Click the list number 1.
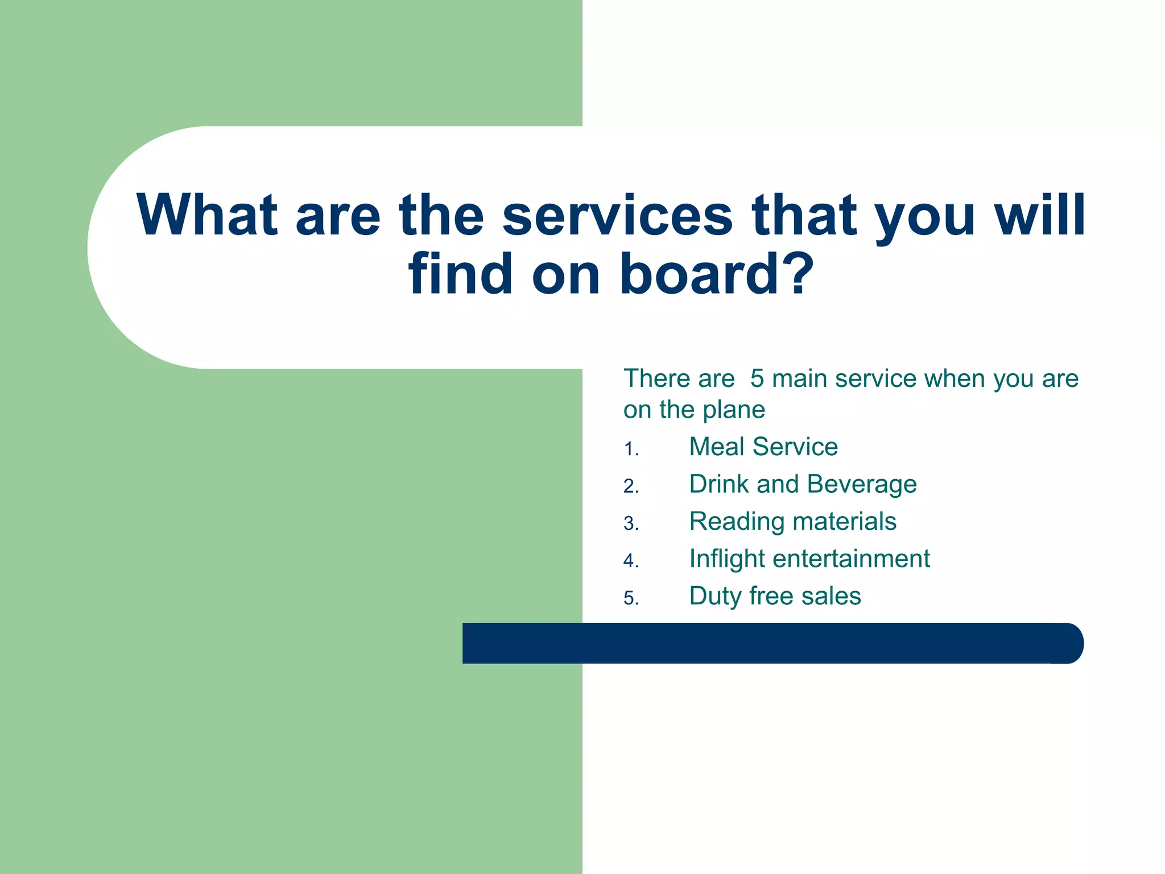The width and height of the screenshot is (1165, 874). click(630, 450)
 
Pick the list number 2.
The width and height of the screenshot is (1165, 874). click(630, 487)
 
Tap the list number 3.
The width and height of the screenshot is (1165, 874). click(630, 523)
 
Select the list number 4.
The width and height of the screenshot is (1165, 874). click(630, 561)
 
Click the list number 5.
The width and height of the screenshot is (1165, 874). click(630, 599)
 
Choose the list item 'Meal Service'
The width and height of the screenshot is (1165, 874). click(763, 447)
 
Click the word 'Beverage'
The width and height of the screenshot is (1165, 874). click(861, 485)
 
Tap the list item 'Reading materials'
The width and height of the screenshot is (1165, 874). click(792, 522)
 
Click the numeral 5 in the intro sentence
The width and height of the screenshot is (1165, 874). click(757, 379)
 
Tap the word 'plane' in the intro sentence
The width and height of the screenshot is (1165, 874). click(734, 410)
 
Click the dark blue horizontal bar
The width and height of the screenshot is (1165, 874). click(772, 643)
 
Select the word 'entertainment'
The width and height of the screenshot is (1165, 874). click(851, 559)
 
